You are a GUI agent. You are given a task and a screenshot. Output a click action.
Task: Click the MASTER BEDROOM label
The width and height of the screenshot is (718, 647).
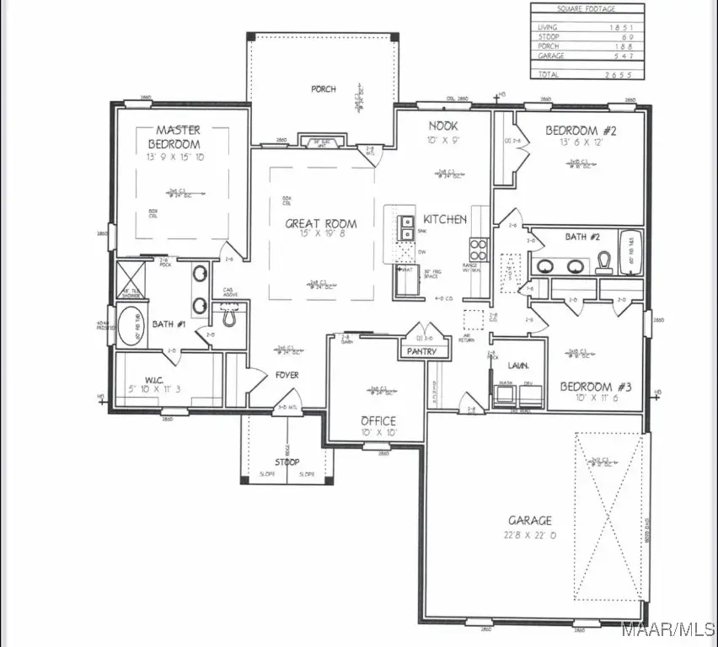coord(179,136)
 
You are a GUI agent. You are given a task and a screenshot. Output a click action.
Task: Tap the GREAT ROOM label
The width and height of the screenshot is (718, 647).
coord(320,224)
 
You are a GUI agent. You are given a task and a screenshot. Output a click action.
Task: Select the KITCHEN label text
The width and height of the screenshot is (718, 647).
coord(445,219)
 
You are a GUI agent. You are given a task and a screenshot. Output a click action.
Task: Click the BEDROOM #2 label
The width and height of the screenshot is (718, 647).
coord(582,131)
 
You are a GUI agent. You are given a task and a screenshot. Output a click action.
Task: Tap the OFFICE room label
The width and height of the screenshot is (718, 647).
coord(378,421)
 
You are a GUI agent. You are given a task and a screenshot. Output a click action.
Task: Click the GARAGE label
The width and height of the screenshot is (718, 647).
coord(530,521)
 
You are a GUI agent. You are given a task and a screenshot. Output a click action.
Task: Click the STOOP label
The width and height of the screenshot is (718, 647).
coord(286,462)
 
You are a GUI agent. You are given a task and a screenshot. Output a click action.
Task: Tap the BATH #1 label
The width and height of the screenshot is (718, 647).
coord(169,323)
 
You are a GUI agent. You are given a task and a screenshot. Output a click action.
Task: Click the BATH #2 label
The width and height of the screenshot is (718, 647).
coord(581,237)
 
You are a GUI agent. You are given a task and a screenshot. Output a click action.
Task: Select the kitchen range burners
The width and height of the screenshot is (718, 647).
coord(477,249)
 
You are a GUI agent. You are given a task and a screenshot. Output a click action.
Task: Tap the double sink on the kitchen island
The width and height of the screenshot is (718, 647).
coord(406,227)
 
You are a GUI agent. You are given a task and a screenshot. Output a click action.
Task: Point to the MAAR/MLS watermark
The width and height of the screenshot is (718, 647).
coord(679,628)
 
